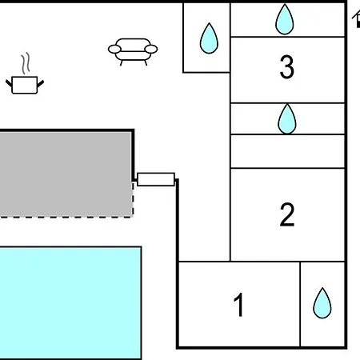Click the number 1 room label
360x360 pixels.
238,305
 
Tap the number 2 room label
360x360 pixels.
287,214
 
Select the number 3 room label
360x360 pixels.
287,66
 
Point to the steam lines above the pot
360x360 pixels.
26,63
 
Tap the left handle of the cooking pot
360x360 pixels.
9,83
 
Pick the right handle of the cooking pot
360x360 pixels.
41,83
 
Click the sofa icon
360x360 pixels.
133,52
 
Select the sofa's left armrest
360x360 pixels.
114,50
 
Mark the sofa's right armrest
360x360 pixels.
151,50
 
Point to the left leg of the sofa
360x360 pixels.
122,63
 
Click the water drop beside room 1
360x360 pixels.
322,303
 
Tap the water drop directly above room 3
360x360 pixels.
285,19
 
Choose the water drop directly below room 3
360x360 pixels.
287,119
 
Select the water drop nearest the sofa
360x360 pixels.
209,38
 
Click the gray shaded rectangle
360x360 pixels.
66,174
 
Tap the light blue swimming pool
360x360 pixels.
70,303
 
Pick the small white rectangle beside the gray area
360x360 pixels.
156,179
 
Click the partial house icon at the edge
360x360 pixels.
356,19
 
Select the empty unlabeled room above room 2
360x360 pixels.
287,151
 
